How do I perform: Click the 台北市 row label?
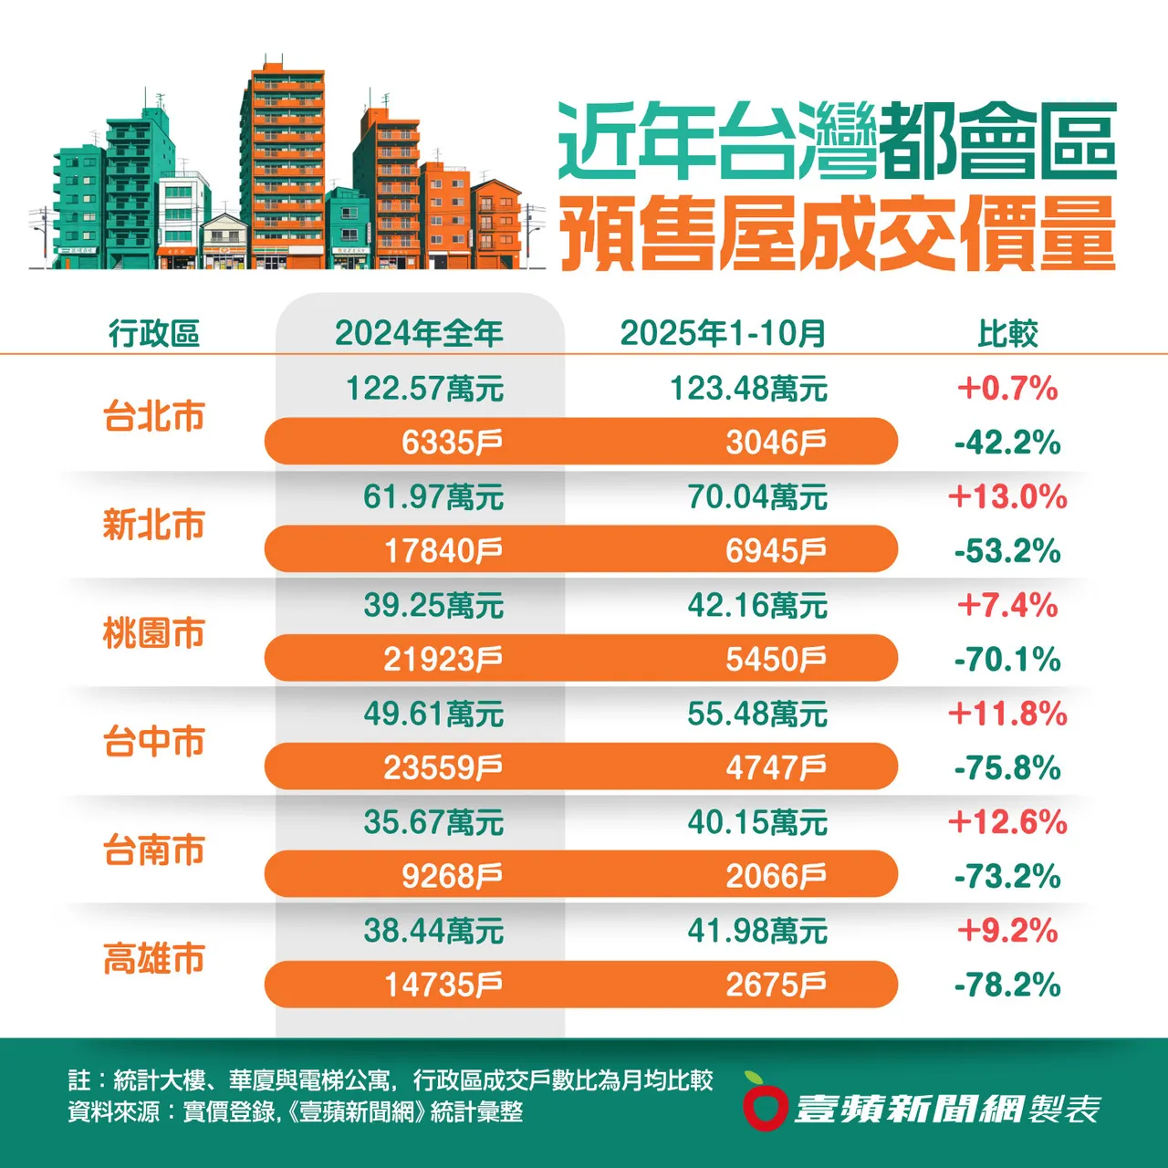point(153,416)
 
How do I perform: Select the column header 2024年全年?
point(419,333)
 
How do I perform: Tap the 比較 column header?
point(1007,333)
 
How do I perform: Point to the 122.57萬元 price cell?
point(424,389)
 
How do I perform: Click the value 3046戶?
point(776,443)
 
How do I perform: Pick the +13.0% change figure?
point(1007,497)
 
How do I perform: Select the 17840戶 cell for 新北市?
point(443,551)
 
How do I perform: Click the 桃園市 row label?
point(153,633)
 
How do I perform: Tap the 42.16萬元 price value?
point(757,605)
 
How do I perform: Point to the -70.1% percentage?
point(1007,660)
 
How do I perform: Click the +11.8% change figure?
point(1007,714)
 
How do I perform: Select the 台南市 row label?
point(153,850)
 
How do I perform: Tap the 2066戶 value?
point(776,877)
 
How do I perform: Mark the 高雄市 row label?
point(153,959)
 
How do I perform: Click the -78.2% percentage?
point(1007,985)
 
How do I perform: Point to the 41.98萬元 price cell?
point(757,931)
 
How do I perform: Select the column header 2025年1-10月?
point(723,333)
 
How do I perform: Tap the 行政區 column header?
point(153,333)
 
